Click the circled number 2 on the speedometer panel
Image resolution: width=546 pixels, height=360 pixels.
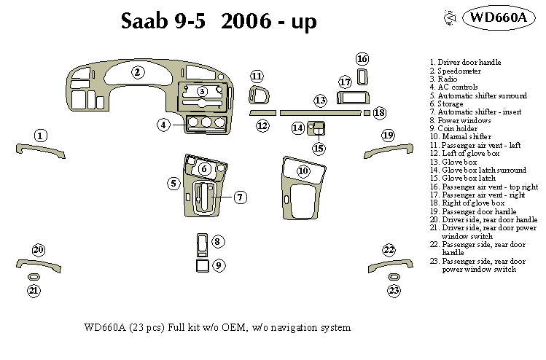(136, 71)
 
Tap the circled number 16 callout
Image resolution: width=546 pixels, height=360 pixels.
(362, 59)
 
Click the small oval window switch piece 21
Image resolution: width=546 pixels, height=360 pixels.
(34, 278)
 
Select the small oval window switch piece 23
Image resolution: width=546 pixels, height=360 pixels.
(394, 278)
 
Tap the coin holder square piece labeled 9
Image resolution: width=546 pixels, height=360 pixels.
(202, 267)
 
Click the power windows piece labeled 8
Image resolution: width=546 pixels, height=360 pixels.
(202, 243)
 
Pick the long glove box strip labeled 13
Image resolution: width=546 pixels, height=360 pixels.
(320, 113)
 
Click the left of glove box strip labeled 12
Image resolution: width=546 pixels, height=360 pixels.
(262, 113)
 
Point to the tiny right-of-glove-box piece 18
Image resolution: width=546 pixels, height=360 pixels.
(367, 113)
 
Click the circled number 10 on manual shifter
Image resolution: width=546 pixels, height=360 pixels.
(303, 171)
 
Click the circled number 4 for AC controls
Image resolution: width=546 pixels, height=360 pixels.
(164, 125)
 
